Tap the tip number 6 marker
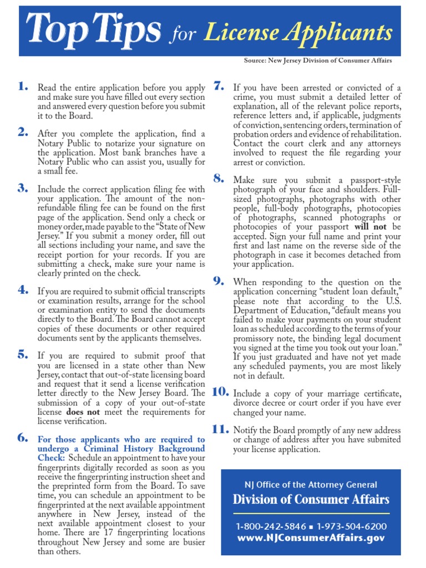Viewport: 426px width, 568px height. point(22,438)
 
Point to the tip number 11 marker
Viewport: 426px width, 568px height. point(220,429)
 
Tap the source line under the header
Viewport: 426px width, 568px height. point(318,60)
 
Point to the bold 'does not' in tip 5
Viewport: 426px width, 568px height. point(83,412)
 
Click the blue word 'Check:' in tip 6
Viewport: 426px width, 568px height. point(50,458)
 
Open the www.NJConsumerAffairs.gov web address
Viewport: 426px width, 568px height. point(311,537)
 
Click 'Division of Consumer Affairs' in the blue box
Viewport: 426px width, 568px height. point(311,499)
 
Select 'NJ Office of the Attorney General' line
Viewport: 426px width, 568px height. point(311,484)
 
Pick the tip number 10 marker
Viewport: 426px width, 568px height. point(220,391)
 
